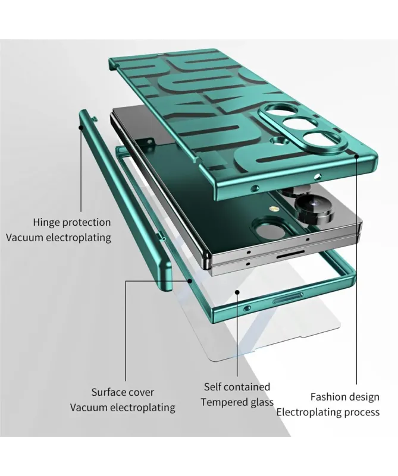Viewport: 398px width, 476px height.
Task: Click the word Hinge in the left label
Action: [46, 222]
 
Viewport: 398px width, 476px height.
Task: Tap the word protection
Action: [87, 223]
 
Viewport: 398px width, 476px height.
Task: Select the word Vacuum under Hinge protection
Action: [24, 237]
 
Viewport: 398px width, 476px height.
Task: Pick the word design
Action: [365, 397]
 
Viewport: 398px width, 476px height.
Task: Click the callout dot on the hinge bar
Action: [81, 127]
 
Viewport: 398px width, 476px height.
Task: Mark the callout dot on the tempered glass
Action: [237, 292]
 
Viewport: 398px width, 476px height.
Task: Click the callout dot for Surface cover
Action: [190, 281]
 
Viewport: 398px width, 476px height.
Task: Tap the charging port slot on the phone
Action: [290, 256]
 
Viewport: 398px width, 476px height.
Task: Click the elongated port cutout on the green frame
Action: [287, 299]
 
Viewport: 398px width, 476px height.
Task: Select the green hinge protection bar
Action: [124, 200]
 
